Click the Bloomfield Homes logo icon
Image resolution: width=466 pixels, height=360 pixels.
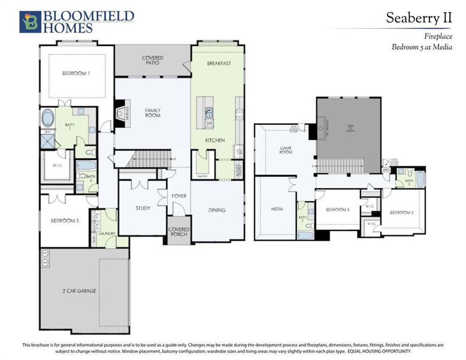coord(29,21)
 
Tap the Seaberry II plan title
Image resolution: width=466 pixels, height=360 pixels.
coord(418,18)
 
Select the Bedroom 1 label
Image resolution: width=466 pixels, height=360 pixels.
coord(76,74)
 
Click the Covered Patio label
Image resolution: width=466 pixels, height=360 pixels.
coord(152,60)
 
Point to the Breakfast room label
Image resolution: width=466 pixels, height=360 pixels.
coord(219,63)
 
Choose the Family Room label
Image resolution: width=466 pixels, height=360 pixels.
coord(152,112)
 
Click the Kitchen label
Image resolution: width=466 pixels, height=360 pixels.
coord(215,140)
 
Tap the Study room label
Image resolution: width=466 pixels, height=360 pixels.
coord(143,208)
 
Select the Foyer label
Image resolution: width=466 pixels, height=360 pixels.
coord(179,196)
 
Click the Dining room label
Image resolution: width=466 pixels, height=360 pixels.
coord(217,210)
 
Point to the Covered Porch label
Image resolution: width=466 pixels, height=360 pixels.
coord(179,232)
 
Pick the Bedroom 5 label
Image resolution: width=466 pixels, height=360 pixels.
coord(65,220)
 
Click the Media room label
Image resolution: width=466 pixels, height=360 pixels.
coord(276,209)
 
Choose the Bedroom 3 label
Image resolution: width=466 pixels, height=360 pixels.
coord(337,209)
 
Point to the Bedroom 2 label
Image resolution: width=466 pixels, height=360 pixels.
coord(401,212)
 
